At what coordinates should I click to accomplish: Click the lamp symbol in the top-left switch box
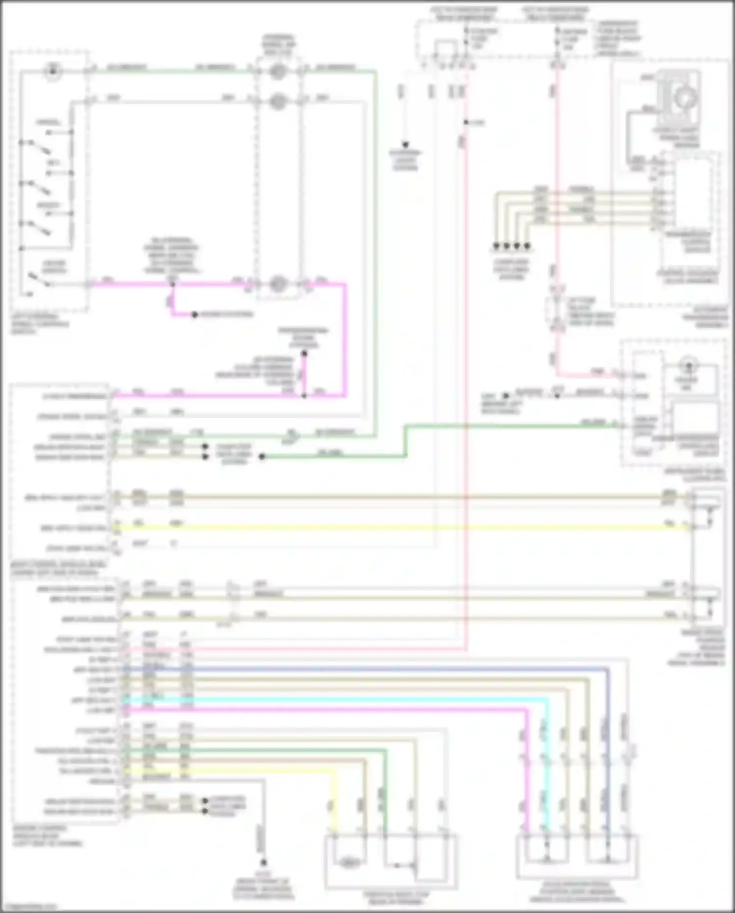point(51,72)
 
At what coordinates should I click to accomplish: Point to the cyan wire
point(343,700)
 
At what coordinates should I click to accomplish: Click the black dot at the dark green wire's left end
point(262,457)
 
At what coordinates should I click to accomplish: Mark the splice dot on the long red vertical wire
point(465,122)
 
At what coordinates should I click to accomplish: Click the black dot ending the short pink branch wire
point(195,314)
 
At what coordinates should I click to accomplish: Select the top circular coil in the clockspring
point(278,72)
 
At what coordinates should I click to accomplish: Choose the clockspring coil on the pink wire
point(278,284)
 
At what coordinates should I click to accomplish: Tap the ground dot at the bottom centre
point(263,862)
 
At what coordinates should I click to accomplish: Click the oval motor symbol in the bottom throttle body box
point(349,862)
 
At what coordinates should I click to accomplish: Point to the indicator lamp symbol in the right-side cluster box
point(689,366)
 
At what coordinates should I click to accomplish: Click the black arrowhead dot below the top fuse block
point(406,145)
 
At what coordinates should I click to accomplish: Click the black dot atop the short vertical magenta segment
point(304,354)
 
